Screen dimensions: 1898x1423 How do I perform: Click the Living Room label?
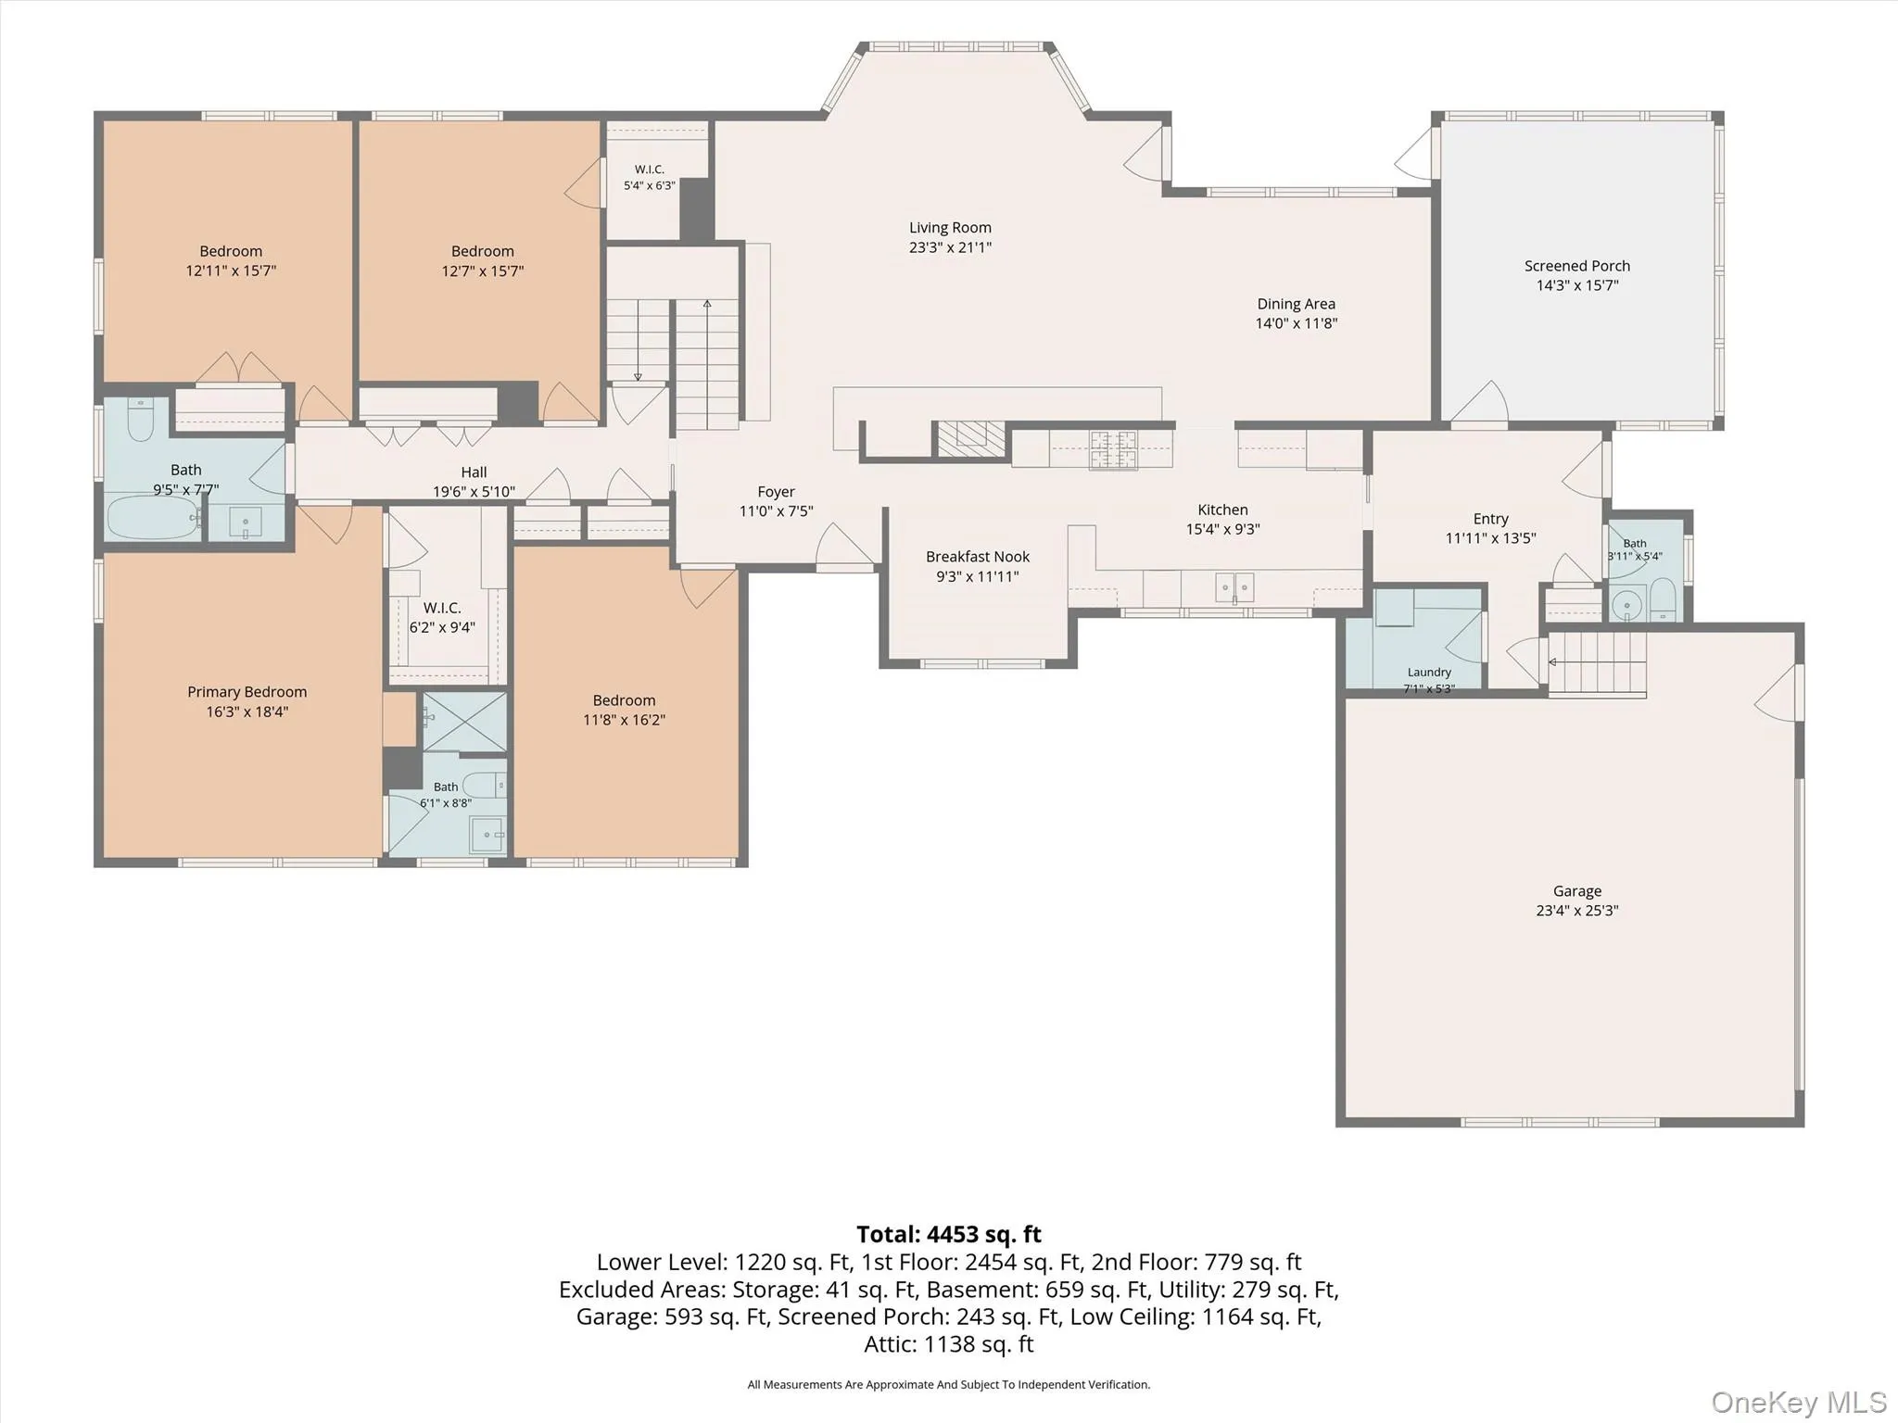point(950,228)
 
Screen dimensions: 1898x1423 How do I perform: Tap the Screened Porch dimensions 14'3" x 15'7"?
point(1577,285)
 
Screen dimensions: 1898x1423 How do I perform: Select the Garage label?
point(1577,891)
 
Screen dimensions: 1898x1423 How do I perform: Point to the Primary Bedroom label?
point(247,692)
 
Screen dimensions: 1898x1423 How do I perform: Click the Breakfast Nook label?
point(978,557)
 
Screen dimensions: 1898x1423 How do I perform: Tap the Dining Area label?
point(1297,304)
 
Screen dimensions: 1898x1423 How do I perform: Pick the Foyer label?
point(776,492)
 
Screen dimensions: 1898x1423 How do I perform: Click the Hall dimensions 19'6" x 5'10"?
point(474,492)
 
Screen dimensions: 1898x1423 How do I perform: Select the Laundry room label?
point(1429,673)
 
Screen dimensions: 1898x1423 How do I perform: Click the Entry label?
point(1491,519)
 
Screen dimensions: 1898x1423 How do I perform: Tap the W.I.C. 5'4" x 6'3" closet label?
point(650,177)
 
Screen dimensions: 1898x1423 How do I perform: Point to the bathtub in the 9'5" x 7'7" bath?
point(154,518)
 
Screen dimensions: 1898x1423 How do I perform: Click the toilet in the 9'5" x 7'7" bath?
point(141,420)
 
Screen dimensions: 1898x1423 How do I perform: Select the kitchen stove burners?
point(1112,449)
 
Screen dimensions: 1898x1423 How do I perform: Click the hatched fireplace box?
point(971,438)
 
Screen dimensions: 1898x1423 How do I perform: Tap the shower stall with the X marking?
point(465,722)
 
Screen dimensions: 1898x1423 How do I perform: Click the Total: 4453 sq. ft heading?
point(949,1234)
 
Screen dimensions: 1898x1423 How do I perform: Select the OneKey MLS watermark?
point(1799,1402)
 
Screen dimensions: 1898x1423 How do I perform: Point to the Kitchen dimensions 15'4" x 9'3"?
point(1223,529)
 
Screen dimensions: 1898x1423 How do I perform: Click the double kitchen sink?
point(1234,587)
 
